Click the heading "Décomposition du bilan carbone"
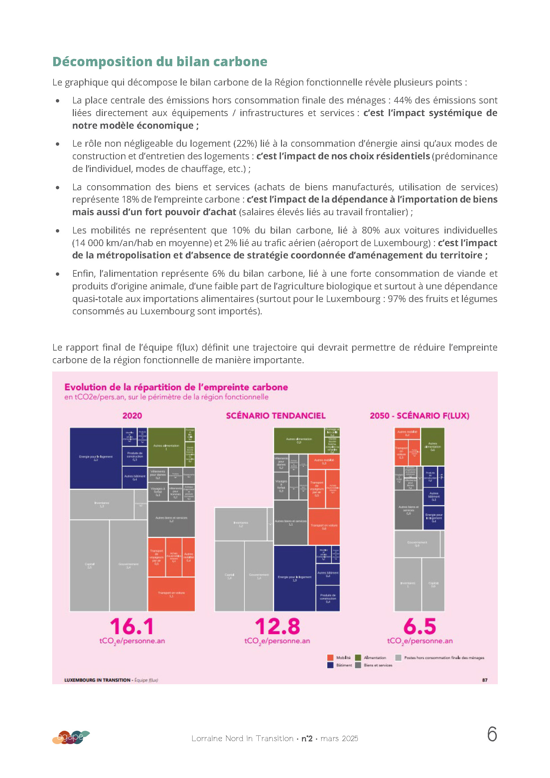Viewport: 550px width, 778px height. pos(160,62)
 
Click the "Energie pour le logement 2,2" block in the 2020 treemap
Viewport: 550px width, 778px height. pos(95,458)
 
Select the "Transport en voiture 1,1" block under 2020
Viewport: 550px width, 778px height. pos(171,594)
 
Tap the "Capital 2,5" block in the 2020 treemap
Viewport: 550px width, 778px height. pos(89,565)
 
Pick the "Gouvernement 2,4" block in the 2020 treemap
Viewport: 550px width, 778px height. pos(128,565)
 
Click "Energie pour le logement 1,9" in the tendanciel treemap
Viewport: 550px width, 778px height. pos(294,578)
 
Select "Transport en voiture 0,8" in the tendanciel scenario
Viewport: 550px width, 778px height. pos(324,526)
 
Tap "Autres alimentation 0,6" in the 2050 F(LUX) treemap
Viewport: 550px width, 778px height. pos(433,446)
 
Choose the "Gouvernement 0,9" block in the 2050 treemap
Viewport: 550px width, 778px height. pos(417,544)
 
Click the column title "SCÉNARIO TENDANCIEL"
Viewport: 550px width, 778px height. pos(276,415)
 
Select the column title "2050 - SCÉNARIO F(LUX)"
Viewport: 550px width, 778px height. pos(419,415)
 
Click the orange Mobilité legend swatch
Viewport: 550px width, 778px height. pos(330,657)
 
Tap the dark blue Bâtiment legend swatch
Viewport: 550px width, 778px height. pos(330,665)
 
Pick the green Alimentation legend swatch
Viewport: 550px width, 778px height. pos(358,657)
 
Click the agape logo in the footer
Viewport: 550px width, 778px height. pos(71,737)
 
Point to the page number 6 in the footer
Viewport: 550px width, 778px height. pos(492,734)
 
